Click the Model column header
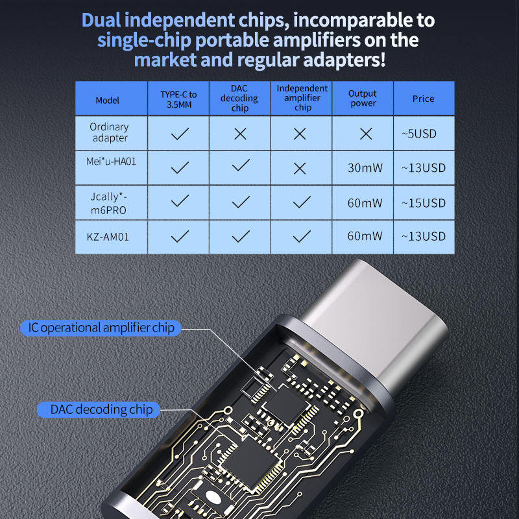(x=107, y=101)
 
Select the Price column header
(x=423, y=99)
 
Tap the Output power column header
(x=363, y=99)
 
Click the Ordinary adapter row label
(x=110, y=132)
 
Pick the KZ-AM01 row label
(x=108, y=237)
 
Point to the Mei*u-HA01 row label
(x=111, y=162)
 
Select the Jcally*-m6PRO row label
(x=108, y=203)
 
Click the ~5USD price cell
(x=419, y=134)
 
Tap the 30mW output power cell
(x=365, y=168)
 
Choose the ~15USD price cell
(x=424, y=203)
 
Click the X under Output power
(x=366, y=134)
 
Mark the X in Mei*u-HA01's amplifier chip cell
(x=300, y=169)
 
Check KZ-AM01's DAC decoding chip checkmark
(x=241, y=236)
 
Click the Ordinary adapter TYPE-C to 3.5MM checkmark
(x=180, y=134)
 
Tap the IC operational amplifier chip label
(x=101, y=328)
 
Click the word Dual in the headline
(x=101, y=20)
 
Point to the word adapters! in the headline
(x=344, y=60)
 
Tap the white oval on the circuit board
(x=213, y=496)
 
